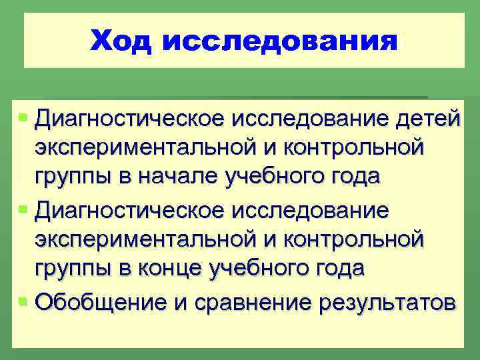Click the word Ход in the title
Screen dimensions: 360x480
121,41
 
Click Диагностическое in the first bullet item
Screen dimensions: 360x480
130,119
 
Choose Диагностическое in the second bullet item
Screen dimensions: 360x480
130,210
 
